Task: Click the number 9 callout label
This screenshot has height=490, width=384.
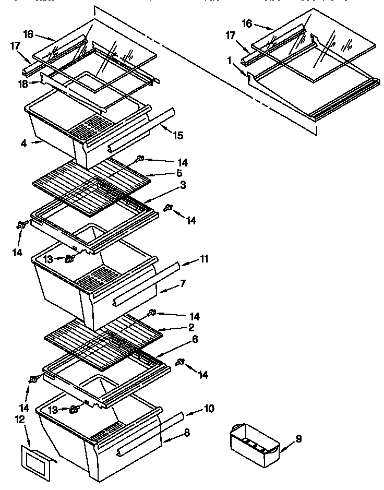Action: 299,439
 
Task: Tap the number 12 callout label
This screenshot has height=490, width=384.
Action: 20,419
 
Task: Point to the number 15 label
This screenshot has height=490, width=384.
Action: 178,136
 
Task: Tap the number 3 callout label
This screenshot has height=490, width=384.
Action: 183,185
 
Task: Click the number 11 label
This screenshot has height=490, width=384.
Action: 205,258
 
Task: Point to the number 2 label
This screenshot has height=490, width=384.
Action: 191,327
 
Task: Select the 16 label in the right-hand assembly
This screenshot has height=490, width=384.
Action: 247,23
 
